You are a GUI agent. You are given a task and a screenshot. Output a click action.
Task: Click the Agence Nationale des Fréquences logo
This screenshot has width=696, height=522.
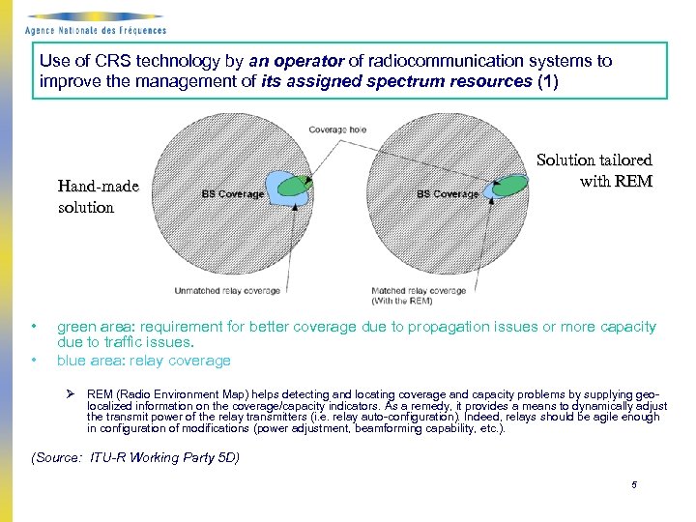pyautogui.click(x=94, y=21)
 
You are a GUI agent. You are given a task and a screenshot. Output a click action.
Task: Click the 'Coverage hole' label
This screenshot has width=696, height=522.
pyautogui.click(x=338, y=130)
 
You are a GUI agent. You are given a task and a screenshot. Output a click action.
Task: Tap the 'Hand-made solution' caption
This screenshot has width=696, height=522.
pyautogui.click(x=98, y=196)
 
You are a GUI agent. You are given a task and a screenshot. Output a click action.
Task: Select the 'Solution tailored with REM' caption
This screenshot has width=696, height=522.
pyautogui.click(x=594, y=170)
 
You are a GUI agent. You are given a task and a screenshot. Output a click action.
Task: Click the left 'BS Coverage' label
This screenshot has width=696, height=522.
pyautogui.click(x=232, y=194)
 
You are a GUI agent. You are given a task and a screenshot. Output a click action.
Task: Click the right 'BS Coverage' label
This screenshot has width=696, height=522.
pyautogui.click(x=448, y=194)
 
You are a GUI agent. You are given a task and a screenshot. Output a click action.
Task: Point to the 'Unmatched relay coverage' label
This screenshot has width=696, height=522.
pyautogui.click(x=227, y=290)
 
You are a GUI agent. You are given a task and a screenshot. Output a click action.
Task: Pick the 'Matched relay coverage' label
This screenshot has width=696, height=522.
pyautogui.click(x=419, y=290)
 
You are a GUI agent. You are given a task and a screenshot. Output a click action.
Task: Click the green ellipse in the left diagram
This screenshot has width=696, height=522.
pyautogui.click(x=291, y=185)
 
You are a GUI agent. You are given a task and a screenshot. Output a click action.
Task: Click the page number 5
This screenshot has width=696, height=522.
pyautogui.click(x=633, y=485)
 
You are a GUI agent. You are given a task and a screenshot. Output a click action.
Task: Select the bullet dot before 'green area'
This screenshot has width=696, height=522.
pyautogui.click(x=34, y=327)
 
